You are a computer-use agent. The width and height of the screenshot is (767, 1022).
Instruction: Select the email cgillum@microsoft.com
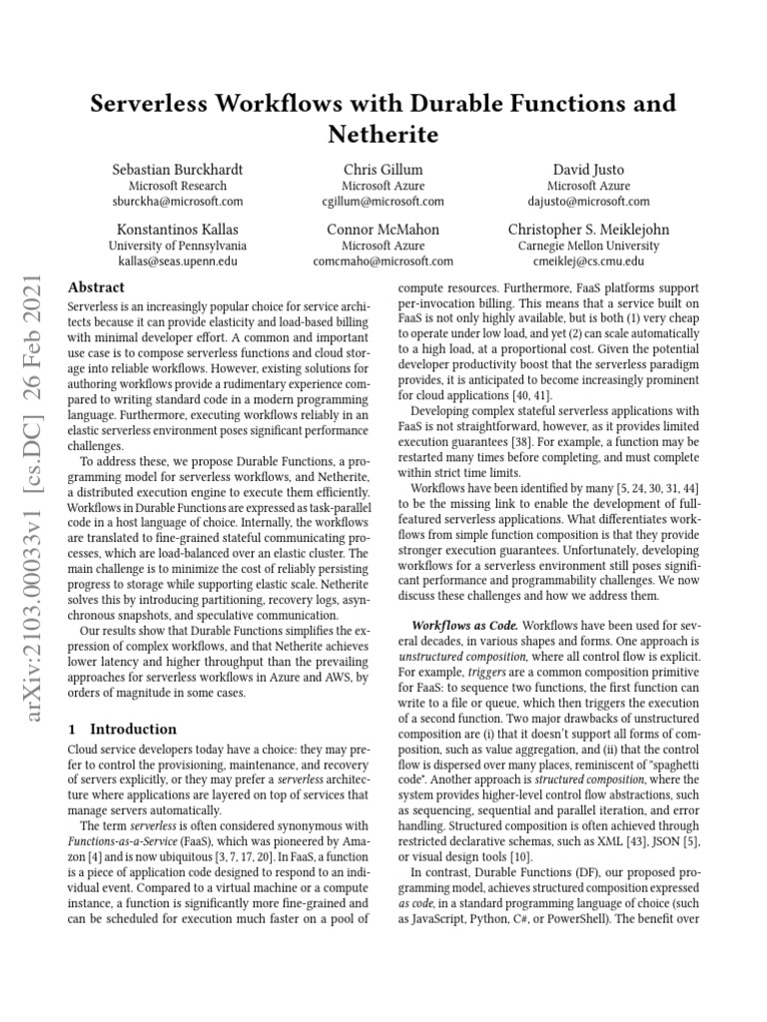[x=383, y=201]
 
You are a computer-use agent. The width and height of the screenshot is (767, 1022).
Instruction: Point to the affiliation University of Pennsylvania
[x=178, y=246]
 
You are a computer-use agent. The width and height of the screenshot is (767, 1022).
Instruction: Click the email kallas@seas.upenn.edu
[x=178, y=260]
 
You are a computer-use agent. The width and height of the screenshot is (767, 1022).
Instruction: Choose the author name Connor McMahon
[x=383, y=229]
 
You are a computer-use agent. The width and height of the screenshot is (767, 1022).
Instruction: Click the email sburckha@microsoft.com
[x=178, y=201]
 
